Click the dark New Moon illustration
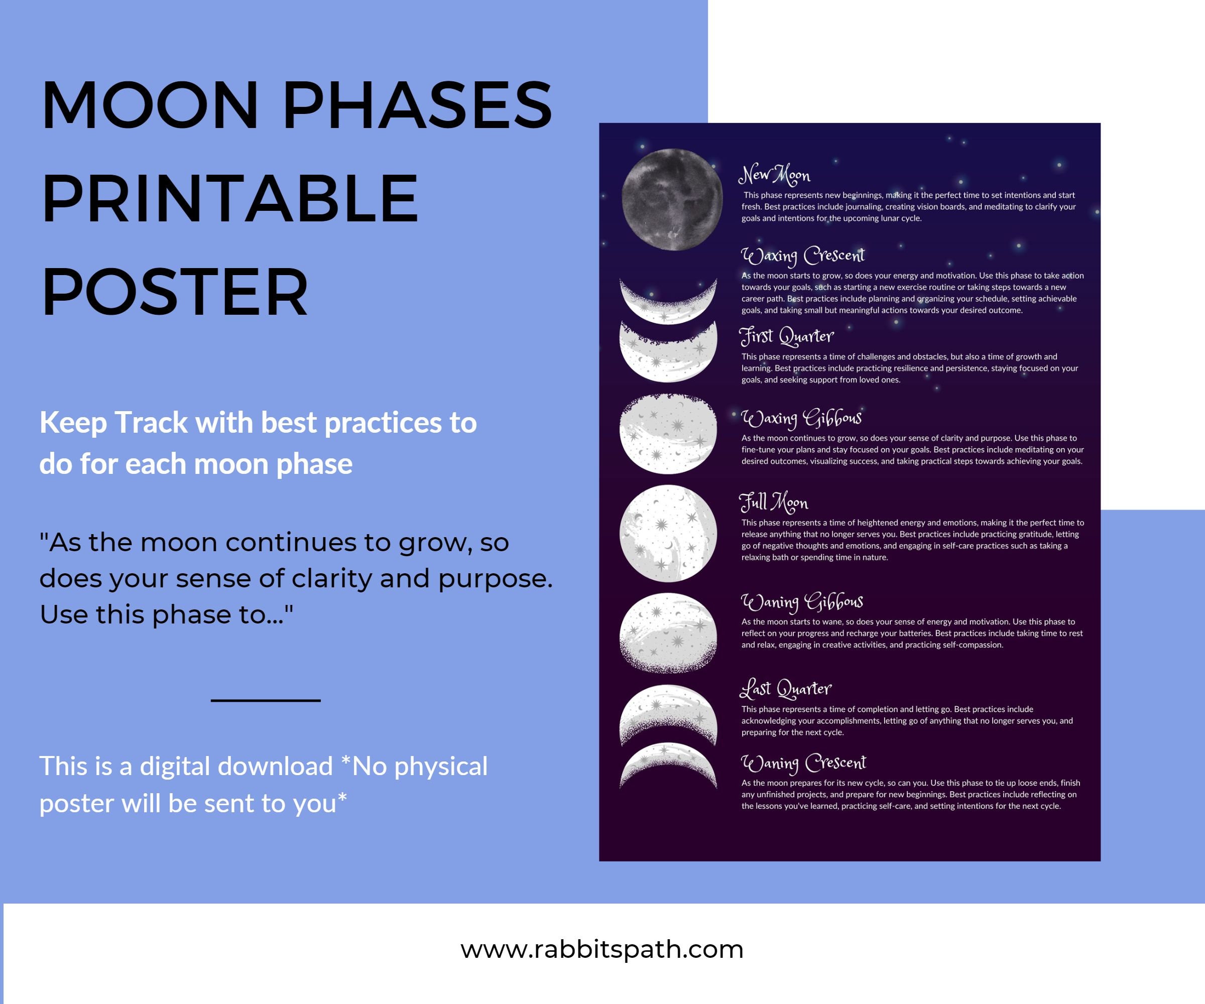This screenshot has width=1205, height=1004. (x=671, y=199)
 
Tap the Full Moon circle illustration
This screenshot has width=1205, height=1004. (x=668, y=533)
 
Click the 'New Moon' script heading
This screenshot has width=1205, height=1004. (x=774, y=174)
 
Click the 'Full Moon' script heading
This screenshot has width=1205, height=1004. (x=774, y=502)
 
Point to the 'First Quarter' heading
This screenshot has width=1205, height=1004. (x=786, y=336)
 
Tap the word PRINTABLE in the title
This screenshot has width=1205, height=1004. (x=229, y=198)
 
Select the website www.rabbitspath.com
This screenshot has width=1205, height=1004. (x=602, y=949)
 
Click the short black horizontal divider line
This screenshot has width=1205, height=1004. (x=266, y=700)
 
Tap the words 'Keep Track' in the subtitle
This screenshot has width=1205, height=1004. (x=113, y=423)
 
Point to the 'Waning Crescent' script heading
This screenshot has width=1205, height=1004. (x=803, y=763)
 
